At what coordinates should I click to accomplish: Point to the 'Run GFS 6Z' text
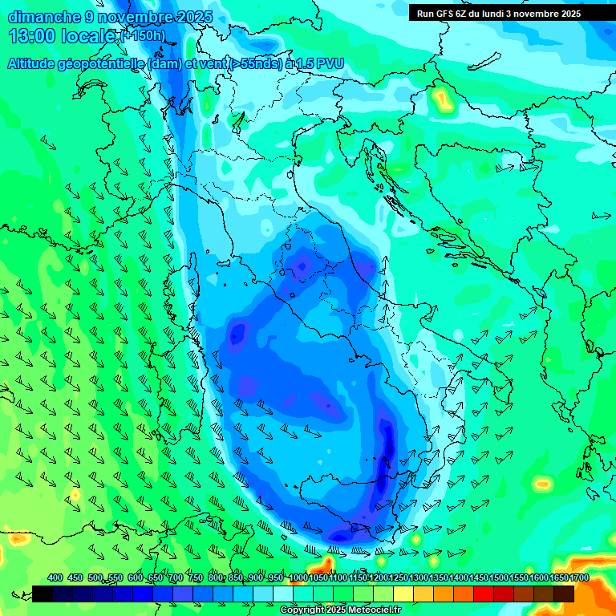(442, 14)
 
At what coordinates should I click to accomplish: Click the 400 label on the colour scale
(55, 578)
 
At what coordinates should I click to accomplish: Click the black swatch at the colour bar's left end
(43, 594)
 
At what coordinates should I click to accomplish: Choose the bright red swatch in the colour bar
(484, 594)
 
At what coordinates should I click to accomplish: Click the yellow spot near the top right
(441, 99)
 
